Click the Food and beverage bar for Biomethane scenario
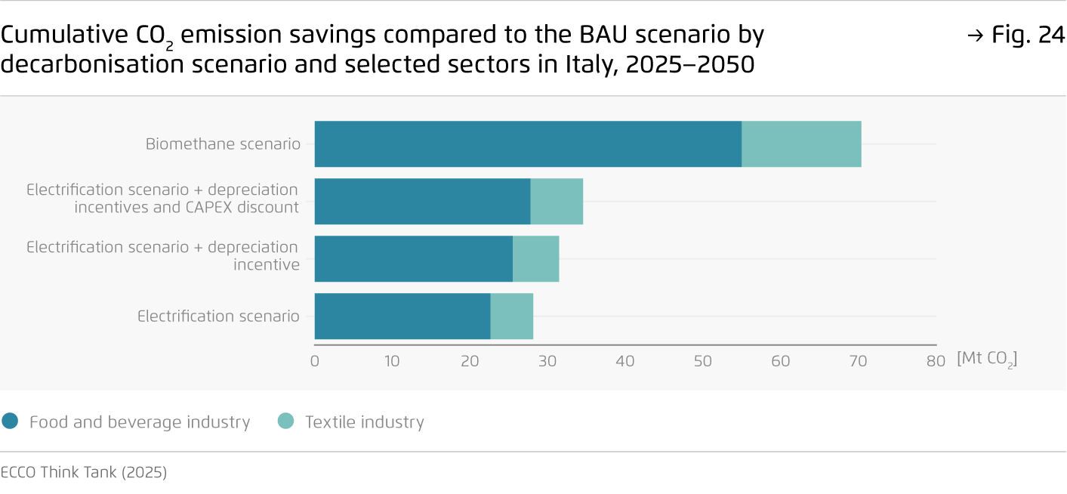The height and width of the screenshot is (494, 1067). tap(528, 144)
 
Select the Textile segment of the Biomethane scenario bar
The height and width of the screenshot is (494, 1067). tap(801, 144)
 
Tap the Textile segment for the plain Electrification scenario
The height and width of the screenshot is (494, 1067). tap(511, 316)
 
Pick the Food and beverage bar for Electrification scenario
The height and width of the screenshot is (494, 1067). tap(402, 316)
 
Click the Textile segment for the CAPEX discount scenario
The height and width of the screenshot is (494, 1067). tap(557, 202)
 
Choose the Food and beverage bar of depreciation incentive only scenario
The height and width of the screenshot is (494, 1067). tap(413, 259)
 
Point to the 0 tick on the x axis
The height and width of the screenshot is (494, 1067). tap(315, 361)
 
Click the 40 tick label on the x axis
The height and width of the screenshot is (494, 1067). tap(625, 361)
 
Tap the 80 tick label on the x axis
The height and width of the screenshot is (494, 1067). tap(936, 361)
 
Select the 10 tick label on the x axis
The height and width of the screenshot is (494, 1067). tap(392, 361)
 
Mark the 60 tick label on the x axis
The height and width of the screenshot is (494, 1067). tap(780, 361)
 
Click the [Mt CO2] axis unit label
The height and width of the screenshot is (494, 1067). tap(986, 360)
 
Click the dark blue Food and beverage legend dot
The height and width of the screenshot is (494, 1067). tap(10, 421)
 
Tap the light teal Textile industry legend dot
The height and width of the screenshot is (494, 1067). tap(285, 421)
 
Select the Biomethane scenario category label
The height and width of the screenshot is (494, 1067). tap(223, 144)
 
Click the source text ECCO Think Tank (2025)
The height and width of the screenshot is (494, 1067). tap(84, 473)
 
